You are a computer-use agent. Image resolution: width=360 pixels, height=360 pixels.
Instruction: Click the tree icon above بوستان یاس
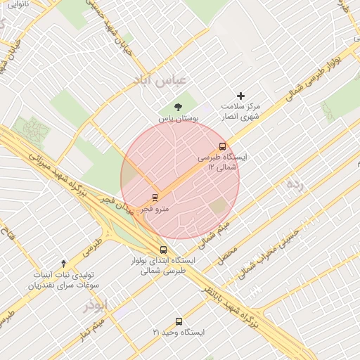click(176, 107)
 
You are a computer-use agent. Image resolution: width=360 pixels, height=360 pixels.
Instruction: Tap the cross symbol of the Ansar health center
click(241, 95)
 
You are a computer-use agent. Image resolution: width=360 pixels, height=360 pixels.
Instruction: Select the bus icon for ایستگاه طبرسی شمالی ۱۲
click(223, 147)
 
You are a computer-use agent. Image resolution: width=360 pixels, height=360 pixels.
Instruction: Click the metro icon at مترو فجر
click(155, 197)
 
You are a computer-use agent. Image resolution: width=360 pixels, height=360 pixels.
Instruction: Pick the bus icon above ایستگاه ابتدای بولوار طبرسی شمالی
click(164, 250)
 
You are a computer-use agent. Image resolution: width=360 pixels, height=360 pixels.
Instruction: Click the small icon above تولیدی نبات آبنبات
click(64, 262)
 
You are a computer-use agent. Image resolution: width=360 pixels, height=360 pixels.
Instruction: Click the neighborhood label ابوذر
click(96, 304)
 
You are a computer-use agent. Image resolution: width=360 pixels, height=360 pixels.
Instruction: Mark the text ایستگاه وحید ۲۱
click(179, 332)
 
